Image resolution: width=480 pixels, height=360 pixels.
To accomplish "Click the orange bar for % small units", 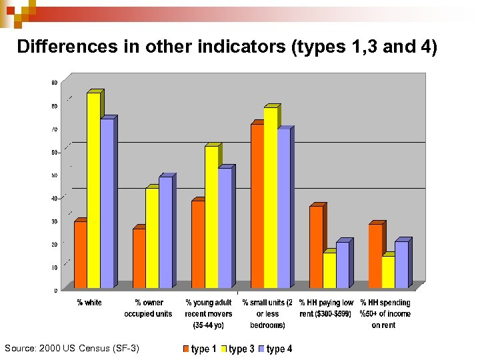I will coord(257,206).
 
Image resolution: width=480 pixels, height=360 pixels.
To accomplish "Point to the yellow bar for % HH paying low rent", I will coord(329,270).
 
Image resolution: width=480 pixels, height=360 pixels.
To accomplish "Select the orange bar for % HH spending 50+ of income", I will coord(375,256).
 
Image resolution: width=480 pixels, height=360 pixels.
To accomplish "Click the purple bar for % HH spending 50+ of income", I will coord(401,265).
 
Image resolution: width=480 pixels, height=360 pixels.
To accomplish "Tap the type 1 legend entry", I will coord(199,349).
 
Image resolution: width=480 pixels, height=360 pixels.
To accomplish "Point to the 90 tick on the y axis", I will coord(54,83).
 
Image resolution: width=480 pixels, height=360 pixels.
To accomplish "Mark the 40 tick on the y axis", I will coord(54,198).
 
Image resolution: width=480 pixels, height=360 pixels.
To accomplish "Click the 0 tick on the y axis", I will coord(55,290).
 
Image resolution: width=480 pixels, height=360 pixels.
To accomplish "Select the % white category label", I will coord(89,303).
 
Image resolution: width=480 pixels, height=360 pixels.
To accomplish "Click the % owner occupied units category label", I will coord(148,308).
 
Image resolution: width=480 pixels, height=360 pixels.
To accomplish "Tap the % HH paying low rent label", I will coord(326,308).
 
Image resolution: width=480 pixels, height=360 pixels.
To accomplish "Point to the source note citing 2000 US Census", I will coord(72,348).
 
